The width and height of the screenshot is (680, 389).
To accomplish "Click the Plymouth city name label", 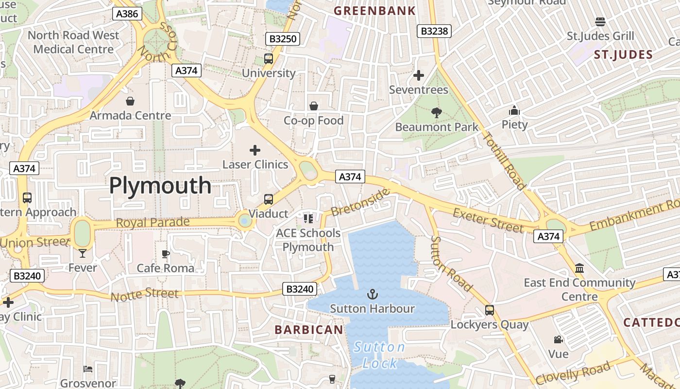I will pyautogui.click(x=160, y=186).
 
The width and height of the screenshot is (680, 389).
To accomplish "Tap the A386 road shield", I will pyautogui.click(x=127, y=14).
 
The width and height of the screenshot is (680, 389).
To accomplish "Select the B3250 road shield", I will pyautogui.click(x=283, y=39).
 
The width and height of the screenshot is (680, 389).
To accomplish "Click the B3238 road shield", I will pyautogui.click(x=434, y=31).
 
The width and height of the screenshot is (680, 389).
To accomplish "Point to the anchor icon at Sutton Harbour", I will pyautogui.click(x=372, y=294).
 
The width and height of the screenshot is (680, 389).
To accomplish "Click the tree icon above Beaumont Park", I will pyautogui.click(x=436, y=113).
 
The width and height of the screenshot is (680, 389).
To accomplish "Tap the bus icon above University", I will pyautogui.click(x=269, y=59).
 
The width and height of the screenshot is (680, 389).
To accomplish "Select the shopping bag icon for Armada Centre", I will pyautogui.click(x=130, y=101).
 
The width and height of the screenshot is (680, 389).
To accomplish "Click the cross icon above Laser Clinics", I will pyautogui.click(x=255, y=150).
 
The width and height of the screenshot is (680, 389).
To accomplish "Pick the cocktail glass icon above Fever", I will pyautogui.click(x=83, y=253).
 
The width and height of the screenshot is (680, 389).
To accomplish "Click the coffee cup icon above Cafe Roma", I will pyautogui.click(x=165, y=254).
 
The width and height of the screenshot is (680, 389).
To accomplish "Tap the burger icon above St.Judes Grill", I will pyautogui.click(x=600, y=22).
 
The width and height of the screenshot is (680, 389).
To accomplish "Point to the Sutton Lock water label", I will pyautogui.click(x=379, y=355).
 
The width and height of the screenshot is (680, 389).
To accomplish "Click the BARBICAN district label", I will pyautogui.click(x=309, y=330).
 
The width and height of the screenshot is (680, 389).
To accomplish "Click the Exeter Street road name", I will pyautogui.click(x=488, y=219).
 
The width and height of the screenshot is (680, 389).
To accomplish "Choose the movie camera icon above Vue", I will pyautogui.click(x=558, y=339).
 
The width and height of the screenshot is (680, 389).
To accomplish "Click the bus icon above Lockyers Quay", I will pyautogui.click(x=490, y=310).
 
